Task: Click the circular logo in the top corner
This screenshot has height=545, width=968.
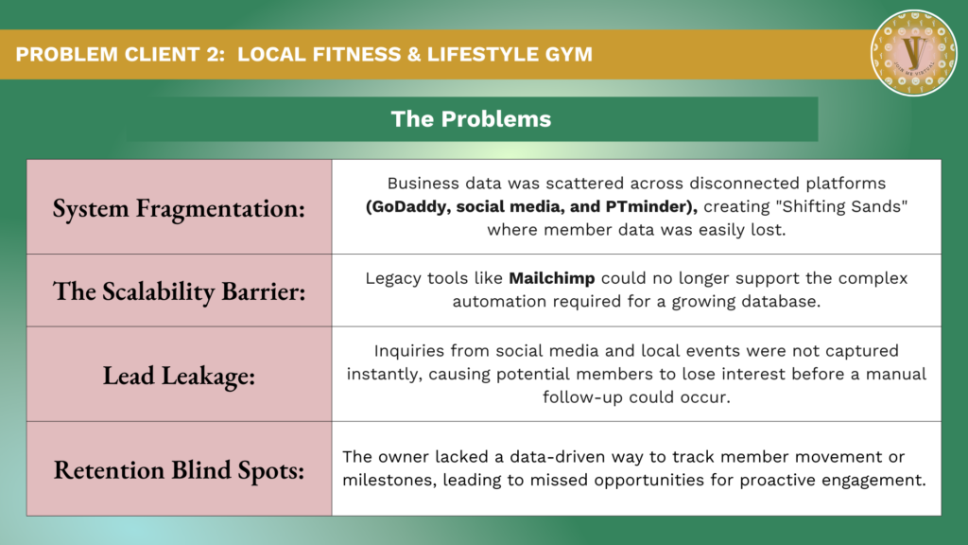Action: (x=914, y=53)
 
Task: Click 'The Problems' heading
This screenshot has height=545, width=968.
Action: (x=471, y=118)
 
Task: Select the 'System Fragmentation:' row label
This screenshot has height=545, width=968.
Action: (x=179, y=207)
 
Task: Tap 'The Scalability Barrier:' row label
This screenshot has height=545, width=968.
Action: (x=179, y=291)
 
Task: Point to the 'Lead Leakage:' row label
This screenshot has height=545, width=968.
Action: (x=179, y=375)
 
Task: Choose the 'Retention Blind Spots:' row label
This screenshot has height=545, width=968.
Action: (x=179, y=469)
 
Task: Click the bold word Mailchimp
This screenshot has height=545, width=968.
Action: (x=552, y=278)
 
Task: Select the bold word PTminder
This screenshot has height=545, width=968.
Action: (x=651, y=206)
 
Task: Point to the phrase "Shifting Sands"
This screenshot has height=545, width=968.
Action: (x=844, y=205)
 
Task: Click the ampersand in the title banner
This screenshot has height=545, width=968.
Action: (x=414, y=54)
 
